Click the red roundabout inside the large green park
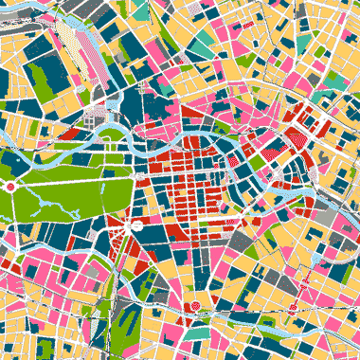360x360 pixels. tap(10, 188)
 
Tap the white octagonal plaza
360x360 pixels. tap(137, 226)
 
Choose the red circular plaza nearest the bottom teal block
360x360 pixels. tap(195, 307)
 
